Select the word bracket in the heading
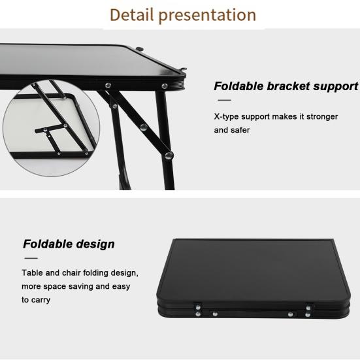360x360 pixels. [296, 86]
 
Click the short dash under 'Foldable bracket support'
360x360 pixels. [223, 101]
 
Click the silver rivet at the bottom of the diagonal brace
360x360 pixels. [169, 155]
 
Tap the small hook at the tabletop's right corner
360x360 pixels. [183, 71]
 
